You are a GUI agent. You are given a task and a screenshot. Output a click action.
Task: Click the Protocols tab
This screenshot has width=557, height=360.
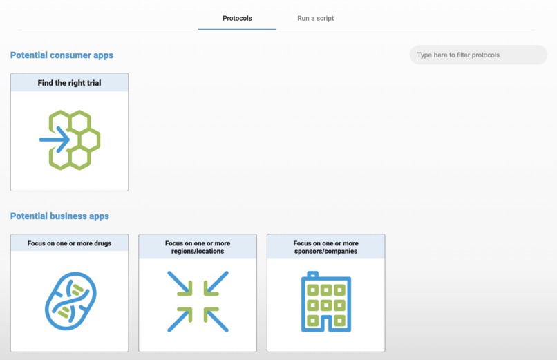tap(237, 18)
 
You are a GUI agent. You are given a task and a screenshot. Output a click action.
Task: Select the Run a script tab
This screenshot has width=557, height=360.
tap(316, 18)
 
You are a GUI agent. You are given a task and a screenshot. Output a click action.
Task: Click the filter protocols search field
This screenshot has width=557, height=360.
tap(478, 55)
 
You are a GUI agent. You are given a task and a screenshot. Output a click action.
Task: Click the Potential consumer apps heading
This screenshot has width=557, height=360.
tap(62, 55)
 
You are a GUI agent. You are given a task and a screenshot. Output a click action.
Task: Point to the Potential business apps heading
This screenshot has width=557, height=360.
tap(59, 216)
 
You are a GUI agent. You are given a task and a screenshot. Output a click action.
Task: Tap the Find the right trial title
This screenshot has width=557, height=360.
tap(69, 83)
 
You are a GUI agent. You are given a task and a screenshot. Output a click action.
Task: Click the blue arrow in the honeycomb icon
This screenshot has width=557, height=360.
tap(55, 140)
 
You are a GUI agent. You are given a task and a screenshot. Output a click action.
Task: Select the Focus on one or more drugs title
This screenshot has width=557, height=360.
tap(69, 243)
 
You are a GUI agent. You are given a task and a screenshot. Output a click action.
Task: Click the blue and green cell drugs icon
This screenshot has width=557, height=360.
tap(70, 301)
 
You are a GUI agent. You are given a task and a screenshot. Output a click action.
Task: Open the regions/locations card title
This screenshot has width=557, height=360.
tap(198, 247)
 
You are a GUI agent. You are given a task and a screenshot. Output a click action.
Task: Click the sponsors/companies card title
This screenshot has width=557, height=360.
tap(325, 247)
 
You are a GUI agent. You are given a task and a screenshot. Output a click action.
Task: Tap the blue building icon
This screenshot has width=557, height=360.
tap(325, 302)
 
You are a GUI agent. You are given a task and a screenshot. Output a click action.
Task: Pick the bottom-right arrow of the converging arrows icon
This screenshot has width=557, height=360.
tap(217, 320)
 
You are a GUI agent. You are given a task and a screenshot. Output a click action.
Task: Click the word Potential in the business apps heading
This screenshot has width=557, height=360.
tap(28, 216)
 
